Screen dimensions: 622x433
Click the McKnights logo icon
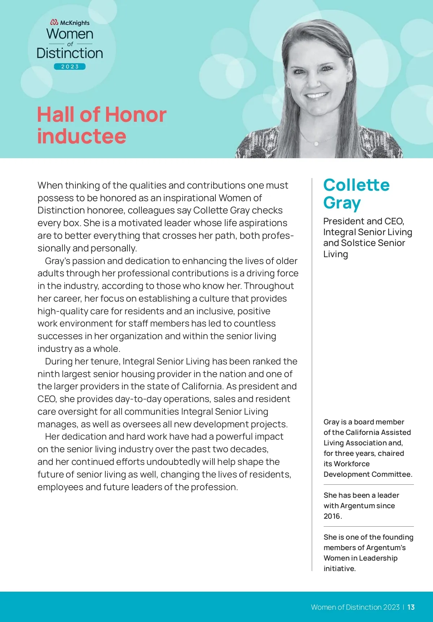(54, 23)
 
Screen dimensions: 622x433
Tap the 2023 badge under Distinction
(70, 66)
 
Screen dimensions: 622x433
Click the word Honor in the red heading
(136, 115)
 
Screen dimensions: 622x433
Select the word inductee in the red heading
(82, 136)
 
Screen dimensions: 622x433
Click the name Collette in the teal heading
(356, 185)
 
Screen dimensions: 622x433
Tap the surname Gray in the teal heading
(341, 203)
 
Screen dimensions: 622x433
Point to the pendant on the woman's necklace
(316, 144)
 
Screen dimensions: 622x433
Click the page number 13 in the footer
(411, 607)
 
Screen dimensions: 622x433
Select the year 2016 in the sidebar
(332, 516)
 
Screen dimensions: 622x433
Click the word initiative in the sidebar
(339, 569)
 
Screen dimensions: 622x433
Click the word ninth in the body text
(48, 374)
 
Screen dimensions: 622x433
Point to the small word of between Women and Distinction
(70, 44)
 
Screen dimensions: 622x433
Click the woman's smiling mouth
(316, 96)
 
